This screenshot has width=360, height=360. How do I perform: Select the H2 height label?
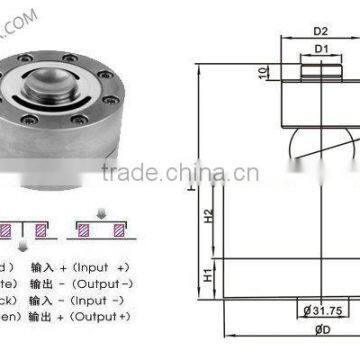207,214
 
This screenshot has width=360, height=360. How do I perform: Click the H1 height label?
207,273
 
